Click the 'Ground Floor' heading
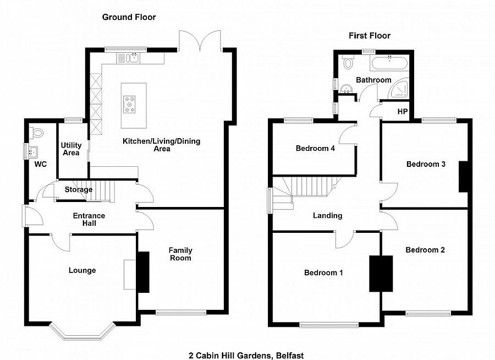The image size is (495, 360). (x=129, y=17)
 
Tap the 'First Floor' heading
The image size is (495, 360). (x=370, y=36)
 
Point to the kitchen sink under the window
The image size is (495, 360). (x=133, y=57)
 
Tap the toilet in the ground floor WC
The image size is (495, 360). (x=37, y=133)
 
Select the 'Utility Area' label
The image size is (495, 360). (x=71, y=149)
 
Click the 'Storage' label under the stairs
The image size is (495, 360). (x=79, y=190)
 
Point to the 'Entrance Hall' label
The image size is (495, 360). (x=89, y=220)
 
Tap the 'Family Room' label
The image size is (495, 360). (x=180, y=254)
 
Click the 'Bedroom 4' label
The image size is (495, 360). (x=315, y=148)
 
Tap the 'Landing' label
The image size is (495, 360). (x=327, y=216)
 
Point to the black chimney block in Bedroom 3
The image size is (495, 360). (x=463, y=176)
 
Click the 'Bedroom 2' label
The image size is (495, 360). (x=425, y=250)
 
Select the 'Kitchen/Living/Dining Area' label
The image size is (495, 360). (x=161, y=145)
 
